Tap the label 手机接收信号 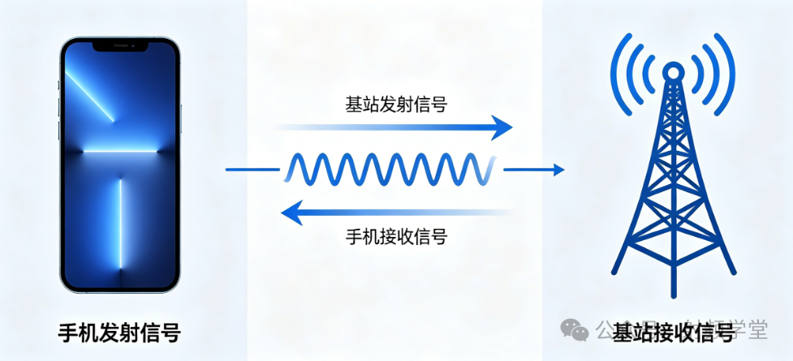(395, 237)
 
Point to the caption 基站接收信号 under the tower (672, 332)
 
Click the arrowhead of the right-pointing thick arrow (502, 127)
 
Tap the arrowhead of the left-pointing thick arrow (290, 213)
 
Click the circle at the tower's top (672, 72)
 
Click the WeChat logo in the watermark (575, 329)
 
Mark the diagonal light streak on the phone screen (89, 96)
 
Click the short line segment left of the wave (252, 170)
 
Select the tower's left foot (618, 272)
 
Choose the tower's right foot (726, 272)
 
